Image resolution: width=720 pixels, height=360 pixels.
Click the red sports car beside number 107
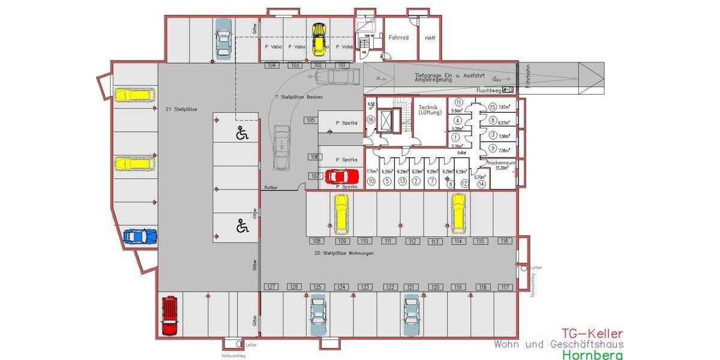(x=341, y=177)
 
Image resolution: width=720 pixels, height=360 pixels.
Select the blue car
(x=140, y=236)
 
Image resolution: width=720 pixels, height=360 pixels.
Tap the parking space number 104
(x=271, y=65)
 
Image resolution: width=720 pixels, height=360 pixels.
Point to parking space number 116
(x=505, y=241)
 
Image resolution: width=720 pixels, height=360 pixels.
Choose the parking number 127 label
(x=271, y=287)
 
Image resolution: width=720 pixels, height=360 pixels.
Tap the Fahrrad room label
(x=398, y=37)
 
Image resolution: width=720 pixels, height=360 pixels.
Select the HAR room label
(x=430, y=37)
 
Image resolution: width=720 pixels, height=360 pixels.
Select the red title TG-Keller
(x=592, y=334)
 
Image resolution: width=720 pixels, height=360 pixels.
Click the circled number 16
(x=371, y=120)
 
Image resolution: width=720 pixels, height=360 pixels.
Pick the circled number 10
(x=371, y=181)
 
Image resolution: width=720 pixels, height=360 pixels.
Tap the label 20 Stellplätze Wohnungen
(x=344, y=253)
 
